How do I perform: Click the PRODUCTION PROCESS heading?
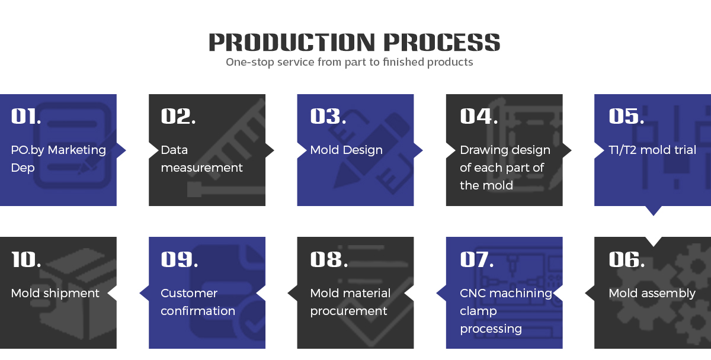(354, 42)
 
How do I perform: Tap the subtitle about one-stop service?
(349, 62)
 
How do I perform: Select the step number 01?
(26, 116)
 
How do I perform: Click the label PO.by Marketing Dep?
(58, 159)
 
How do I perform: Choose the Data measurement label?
(201, 159)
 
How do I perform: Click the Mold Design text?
(346, 150)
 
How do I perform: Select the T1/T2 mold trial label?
(652, 150)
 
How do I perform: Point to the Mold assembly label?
(652, 293)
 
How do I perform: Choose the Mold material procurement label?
(350, 302)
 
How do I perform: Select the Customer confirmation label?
(198, 302)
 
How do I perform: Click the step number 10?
(26, 259)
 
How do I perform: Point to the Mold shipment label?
(55, 293)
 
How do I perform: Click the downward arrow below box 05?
(652, 210)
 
